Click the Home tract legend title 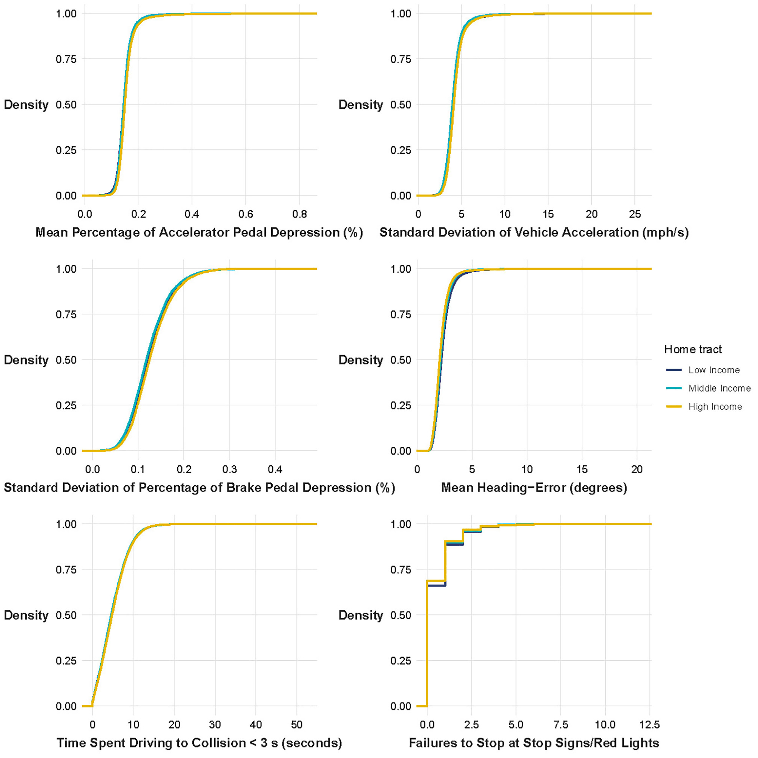click(693, 349)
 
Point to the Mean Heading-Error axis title click(534, 488)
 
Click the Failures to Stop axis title click(534, 743)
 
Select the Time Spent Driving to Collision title click(199, 743)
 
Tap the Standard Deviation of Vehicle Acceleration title click(534, 232)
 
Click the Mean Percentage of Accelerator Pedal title click(199, 232)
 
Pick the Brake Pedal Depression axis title click(199, 488)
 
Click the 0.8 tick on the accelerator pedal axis click(300, 214)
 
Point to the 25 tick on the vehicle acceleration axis click(635, 214)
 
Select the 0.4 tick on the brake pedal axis click(275, 469)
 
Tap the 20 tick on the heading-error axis click(637, 469)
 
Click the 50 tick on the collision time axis click(297, 725)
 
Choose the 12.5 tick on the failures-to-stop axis click(650, 725)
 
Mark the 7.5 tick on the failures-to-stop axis click(560, 725)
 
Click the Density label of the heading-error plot click(361, 360)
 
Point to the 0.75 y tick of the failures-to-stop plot click(400, 569)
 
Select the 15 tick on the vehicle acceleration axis click(548, 214)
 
